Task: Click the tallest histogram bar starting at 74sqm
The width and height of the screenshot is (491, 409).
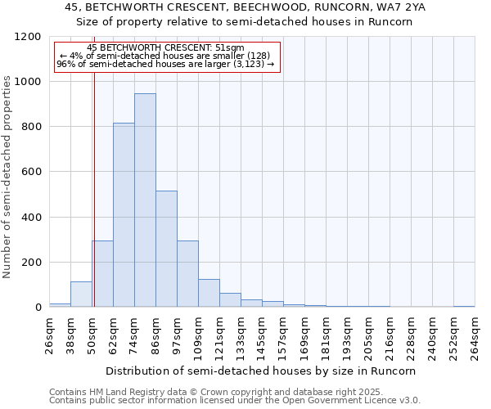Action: point(145,200)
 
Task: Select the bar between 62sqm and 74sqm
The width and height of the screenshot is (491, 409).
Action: point(124,215)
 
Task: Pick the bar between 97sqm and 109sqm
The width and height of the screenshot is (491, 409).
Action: point(187,274)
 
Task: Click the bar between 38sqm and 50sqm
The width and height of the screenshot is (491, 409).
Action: point(81,294)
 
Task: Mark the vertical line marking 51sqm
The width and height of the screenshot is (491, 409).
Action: point(94,188)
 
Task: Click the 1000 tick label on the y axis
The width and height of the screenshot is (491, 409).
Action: point(29,82)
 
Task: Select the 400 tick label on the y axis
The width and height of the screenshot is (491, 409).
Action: point(32,218)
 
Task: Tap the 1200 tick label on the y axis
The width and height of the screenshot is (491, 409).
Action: point(29,37)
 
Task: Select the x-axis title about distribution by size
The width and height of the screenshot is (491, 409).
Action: point(261,371)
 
